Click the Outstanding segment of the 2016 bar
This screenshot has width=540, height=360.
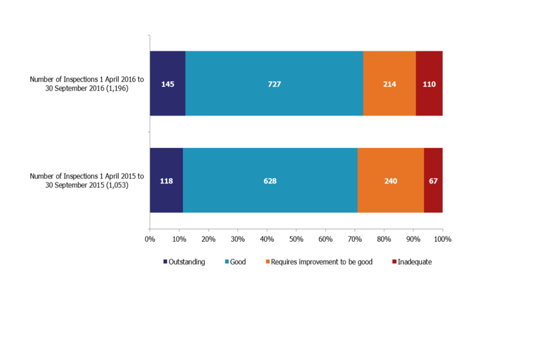coord(168,83)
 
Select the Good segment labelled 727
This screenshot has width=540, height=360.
coord(274,83)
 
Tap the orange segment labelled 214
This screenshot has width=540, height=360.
coord(389,83)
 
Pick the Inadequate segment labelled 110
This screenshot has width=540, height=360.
coord(429,83)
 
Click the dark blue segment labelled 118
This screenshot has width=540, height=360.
coord(166,181)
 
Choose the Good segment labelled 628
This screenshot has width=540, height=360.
coord(270,181)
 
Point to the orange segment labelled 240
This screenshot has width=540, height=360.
coord(390,181)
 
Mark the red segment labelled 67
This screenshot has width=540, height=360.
coord(433,181)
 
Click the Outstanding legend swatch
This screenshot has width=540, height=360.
coord(165,262)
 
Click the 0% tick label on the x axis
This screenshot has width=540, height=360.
coord(150,239)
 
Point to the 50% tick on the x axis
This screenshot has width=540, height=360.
coord(296,239)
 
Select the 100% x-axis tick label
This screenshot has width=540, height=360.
coord(443,239)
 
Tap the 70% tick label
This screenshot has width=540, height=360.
coord(355,239)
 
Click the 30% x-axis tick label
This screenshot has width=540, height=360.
coord(238,239)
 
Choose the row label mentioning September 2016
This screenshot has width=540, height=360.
coord(87,84)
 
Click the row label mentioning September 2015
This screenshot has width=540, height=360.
coord(87,181)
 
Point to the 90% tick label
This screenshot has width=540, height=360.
coord(413,239)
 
